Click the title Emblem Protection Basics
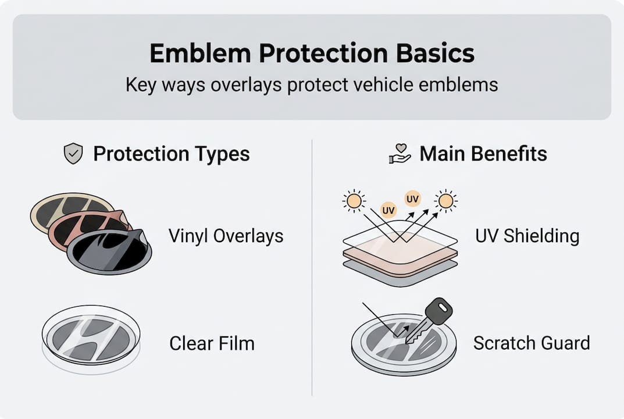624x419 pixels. (x=312, y=54)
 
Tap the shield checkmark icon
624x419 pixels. (x=73, y=154)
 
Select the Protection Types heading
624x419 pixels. (x=172, y=154)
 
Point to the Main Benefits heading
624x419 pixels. (x=483, y=154)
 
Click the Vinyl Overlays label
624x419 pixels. (x=226, y=236)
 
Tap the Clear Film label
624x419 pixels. (x=212, y=343)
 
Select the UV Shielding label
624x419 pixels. (x=527, y=236)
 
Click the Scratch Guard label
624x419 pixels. (x=531, y=343)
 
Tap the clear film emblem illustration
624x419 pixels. (x=91, y=337)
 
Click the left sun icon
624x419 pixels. (x=353, y=201)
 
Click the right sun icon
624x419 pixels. (x=445, y=201)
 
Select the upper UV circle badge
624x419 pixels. (x=412, y=198)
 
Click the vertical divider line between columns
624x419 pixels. (x=312, y=268)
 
